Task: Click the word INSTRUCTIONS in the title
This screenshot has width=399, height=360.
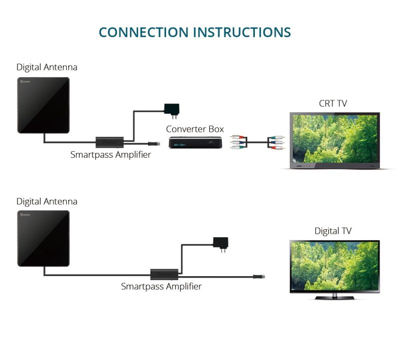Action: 242,32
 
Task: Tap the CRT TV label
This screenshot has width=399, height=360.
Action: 333,104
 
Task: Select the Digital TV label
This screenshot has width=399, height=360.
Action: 333,231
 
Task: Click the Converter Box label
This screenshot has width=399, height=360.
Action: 195,129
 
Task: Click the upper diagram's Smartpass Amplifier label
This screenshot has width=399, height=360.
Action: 110,155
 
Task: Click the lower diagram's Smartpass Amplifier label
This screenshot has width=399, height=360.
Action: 161,287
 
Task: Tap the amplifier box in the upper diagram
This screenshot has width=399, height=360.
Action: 110,142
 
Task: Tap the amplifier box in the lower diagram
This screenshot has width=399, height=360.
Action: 165,274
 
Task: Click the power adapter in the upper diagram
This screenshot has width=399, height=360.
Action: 172,109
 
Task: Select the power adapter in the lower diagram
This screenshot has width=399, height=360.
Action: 220,242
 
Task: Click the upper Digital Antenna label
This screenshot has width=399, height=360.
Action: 47,67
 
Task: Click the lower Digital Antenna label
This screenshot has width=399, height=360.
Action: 47,202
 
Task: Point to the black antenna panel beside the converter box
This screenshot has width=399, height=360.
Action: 43,105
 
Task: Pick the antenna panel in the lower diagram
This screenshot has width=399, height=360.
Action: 43,238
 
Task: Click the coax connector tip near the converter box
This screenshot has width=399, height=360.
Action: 157,143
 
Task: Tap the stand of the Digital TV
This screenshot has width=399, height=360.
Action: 335,297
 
